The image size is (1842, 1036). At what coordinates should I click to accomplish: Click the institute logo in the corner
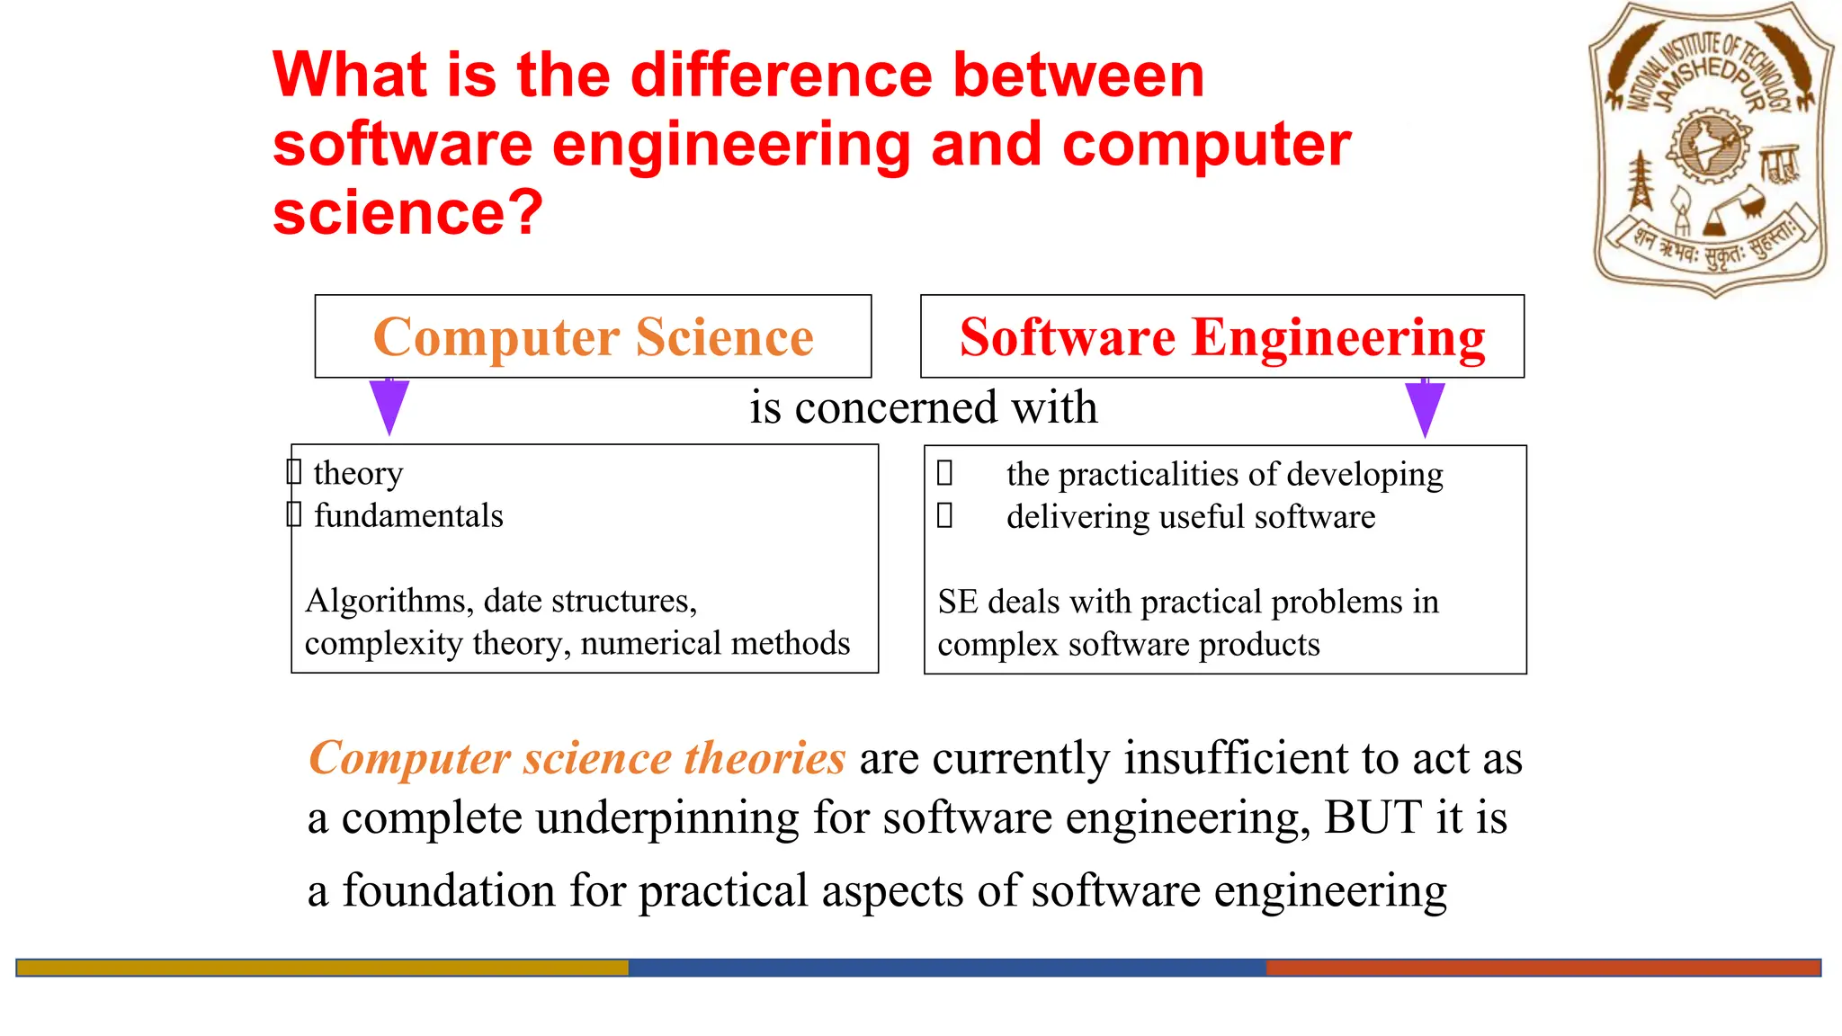pos(1711,148)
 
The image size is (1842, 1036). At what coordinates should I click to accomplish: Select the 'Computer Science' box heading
pos(593,337)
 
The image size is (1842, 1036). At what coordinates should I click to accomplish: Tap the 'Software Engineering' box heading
pos(1222,337)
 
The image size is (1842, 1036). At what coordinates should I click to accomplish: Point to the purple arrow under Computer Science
pos(389,406)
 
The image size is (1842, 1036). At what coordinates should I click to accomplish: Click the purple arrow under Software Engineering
pos(1425,407)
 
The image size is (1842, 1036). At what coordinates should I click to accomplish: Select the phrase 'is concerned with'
pos(924,407)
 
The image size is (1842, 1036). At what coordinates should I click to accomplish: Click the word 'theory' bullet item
pos(358,473)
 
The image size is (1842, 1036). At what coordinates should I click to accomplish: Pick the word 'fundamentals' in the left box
pos(408,515)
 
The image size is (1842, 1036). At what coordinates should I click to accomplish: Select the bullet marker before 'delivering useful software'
pos(944,516)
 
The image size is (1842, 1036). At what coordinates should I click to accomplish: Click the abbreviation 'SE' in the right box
pos(957,602)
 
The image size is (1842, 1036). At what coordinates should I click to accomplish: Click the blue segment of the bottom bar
pos(946,968)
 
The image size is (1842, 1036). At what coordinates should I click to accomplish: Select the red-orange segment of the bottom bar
pos(1542,968)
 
